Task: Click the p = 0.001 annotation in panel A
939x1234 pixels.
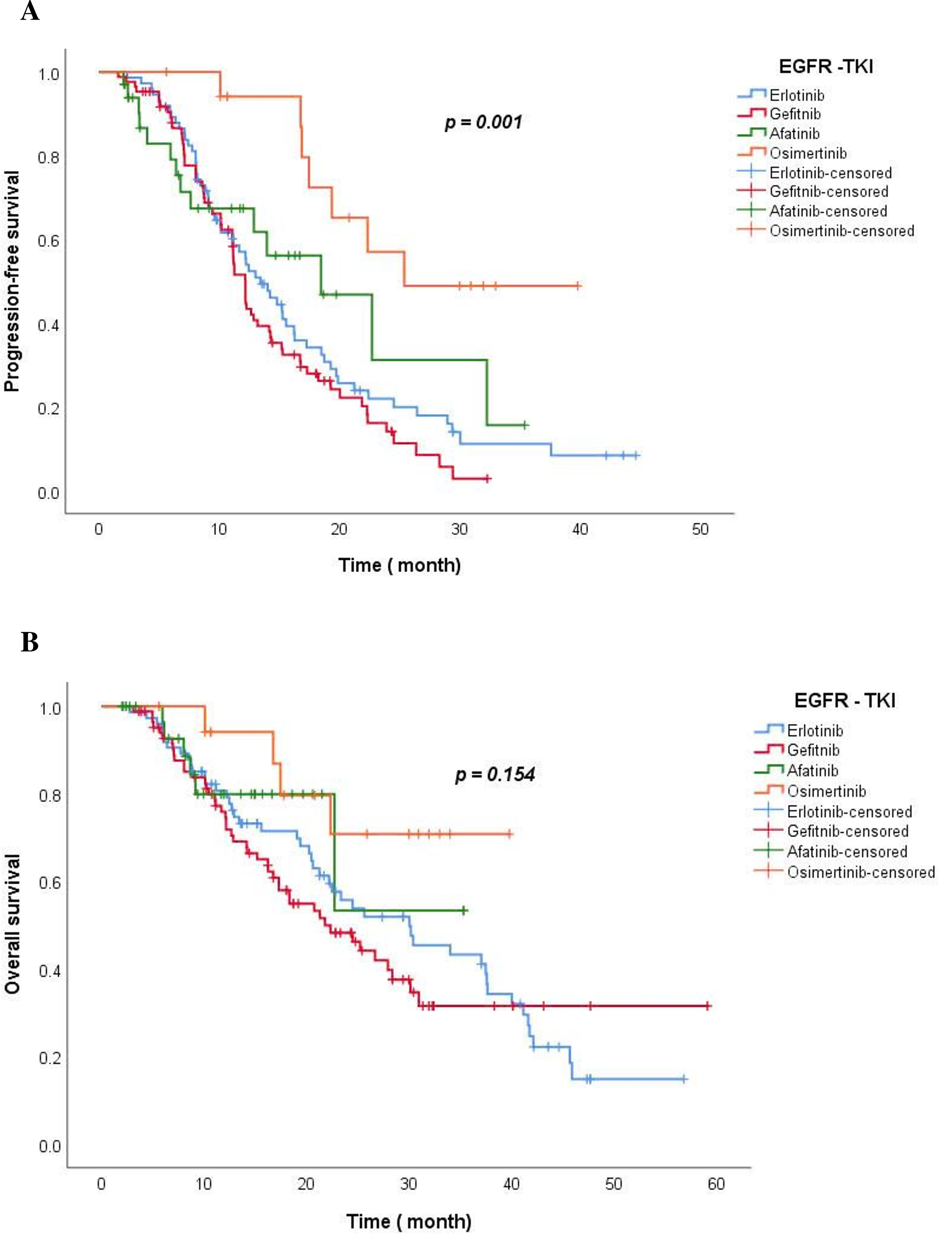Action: pos(483,122)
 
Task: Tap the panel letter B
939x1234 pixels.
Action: pos(30,642)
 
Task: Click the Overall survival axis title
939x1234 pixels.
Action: pos(12,924)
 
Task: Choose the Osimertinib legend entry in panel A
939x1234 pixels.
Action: pos(808,153)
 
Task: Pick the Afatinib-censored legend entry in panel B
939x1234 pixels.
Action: pos(846,851)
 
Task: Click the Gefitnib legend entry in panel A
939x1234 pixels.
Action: pos(795,114)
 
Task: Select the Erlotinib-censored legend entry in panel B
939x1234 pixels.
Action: pos(849,811)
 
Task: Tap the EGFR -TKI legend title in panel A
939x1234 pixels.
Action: pos(825,66)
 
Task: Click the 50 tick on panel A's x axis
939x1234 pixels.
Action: pos(700,529)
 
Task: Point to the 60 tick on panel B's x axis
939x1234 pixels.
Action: pos(716,1183)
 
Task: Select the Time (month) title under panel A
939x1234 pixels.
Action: pos(399,565)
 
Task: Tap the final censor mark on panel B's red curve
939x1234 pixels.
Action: pos(708,1006)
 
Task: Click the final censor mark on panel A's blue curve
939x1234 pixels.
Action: pos(636,455)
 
